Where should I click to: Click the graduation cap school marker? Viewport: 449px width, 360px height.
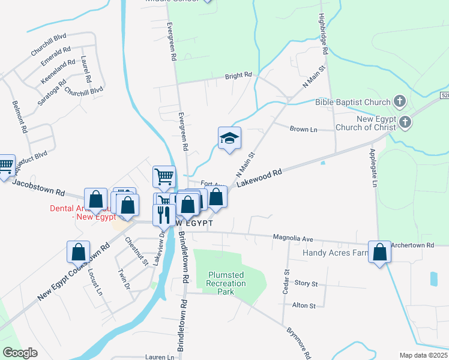click(x=229, y=139)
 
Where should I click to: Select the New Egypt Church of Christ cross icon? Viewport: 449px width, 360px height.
click(x=405, y=122)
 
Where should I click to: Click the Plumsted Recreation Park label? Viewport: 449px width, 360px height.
click(x=227, y=283)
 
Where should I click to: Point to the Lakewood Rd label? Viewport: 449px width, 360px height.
click(x=259, y=178)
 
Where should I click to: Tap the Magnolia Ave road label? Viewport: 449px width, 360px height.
click(x=294, y=239)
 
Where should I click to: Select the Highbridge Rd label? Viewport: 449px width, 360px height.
click(x=323, y=35)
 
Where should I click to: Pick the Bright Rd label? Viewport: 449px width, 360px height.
click(x=238, y=76)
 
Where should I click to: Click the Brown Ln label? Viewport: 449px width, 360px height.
click(x=303, y=129)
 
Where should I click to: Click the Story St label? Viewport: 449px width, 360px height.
click(x=306, y=283)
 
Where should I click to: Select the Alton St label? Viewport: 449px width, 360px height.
click(x=304, y=306)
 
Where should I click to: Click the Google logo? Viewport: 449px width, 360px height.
click(x=20, y=353)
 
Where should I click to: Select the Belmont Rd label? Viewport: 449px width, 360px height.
click(x=20, y=116)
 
